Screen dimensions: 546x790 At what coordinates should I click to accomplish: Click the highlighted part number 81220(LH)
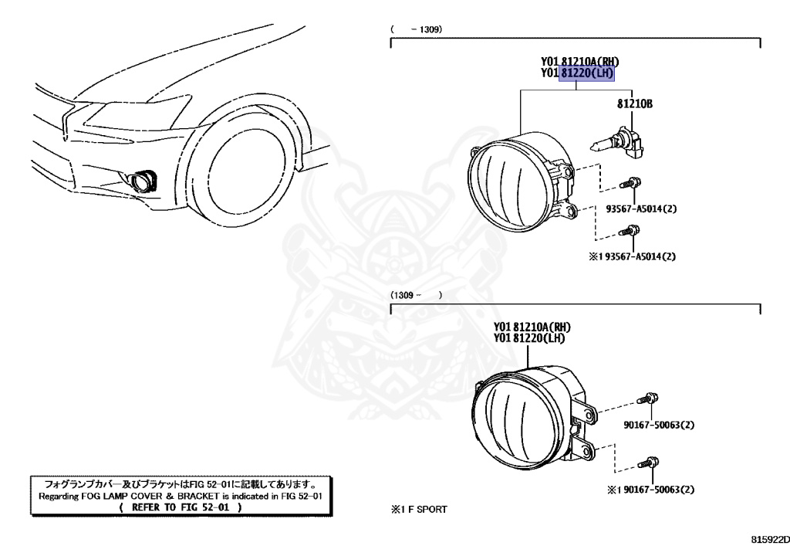(x=587, y=73)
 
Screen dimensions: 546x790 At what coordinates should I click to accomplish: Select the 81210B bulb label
(x=634, y=103)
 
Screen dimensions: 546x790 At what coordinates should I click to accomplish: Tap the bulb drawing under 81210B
(x=614, y=144)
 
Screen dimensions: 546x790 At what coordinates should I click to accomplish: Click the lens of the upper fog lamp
(x=506, y=180)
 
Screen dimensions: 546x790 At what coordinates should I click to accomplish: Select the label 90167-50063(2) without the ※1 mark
(x=658, y=424)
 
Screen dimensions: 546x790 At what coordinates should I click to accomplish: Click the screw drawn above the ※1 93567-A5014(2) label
(x=633, y=230)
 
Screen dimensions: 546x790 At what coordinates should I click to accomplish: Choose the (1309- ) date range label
(x=416, y=295)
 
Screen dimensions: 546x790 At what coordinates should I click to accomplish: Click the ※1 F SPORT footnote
(x=419, y=510)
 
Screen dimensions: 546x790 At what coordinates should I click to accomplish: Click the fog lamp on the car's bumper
(x=143, y=181)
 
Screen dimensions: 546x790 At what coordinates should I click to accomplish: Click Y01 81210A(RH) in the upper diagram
(x=579, y=62)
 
